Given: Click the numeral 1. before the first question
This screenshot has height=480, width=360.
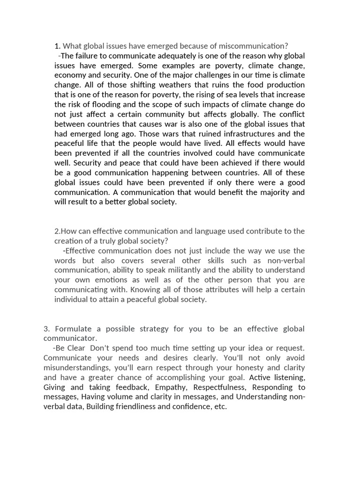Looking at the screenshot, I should point(57,46).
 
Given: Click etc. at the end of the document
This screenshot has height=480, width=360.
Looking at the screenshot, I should point(220,407).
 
